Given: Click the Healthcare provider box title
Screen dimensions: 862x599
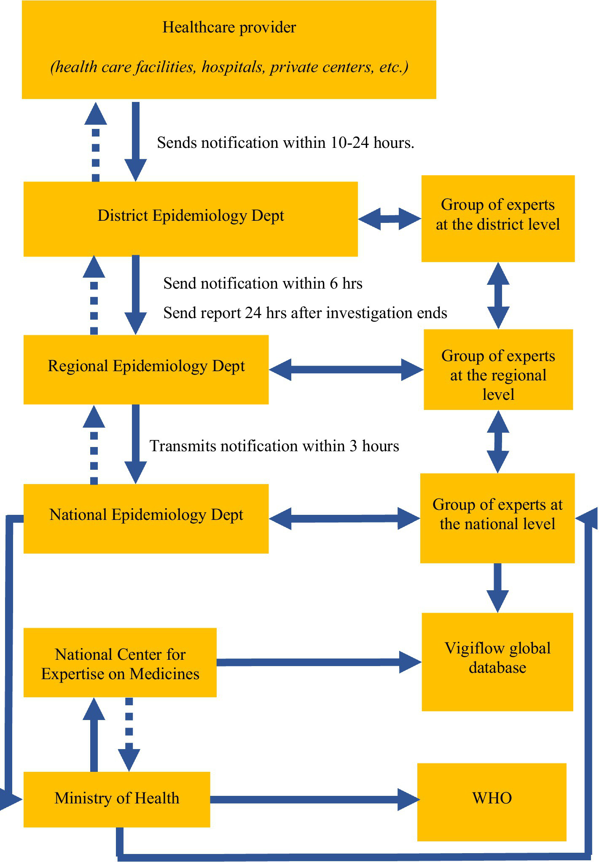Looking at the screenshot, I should point(229,28).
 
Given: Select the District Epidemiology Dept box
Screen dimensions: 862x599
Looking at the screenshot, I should point(191,219).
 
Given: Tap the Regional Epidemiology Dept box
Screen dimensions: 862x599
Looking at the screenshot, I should point(146,369).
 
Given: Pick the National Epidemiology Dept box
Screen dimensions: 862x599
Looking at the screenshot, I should point(146,518).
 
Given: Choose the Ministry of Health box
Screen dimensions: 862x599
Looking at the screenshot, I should point(117,798).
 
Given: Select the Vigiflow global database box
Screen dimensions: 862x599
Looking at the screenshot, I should point(497,661).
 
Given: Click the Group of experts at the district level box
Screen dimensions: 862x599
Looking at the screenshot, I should point(498,218).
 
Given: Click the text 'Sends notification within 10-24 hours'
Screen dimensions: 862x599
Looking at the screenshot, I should point(285,143).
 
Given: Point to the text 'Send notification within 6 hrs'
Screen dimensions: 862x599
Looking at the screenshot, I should point(263,283).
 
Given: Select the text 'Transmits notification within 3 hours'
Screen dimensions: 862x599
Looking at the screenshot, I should point(274,446).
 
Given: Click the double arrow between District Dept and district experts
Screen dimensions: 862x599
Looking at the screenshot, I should point(389,219).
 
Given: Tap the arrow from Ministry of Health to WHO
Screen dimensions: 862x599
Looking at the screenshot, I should point(314,799).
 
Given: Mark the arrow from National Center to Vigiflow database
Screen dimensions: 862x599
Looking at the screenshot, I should point(318,662).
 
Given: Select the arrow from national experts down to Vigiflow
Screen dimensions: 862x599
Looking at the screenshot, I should point(497,587).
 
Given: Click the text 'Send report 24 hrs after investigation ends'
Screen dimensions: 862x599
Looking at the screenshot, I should point(305,313).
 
